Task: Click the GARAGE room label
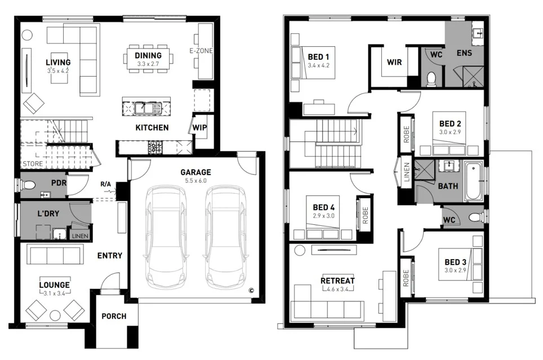coord(195,172)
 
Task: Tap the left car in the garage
coord(166,237)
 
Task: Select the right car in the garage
coord(225,237)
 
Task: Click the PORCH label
coord(114,316)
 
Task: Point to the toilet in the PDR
coord(28,185)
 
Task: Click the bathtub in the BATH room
coord(473,181)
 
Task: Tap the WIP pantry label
coord(199,127)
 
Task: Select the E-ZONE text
coord(201,51)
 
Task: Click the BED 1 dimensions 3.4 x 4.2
coord(318,65)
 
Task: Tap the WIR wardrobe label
coord(394,62)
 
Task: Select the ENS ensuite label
coord(465,54)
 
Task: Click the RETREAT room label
coord(337,281)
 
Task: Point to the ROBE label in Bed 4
coord(364,215)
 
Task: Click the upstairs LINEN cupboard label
coord(406,174)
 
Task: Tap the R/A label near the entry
coord(105,184)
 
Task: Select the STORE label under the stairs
coord(32,164)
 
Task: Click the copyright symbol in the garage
coord(252,291)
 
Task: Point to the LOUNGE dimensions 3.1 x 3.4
coord(55,293)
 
